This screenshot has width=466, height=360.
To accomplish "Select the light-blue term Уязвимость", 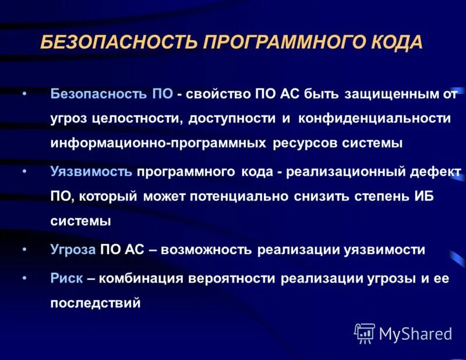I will (91, 171).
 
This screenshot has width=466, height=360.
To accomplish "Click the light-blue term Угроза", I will (73, 250).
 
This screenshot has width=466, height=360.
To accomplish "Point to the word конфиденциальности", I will (375, 118).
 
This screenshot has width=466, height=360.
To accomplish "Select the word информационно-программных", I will (158, 143).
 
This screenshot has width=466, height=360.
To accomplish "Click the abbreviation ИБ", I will (418, 196).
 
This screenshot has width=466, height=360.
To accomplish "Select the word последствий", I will (96, 303).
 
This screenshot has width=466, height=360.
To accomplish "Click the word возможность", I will (207, 250).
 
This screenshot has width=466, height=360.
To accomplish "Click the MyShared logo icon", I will (364, 333).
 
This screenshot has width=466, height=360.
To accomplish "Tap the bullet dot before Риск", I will (24, 278).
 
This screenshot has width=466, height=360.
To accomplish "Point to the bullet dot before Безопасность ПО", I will (24, 93).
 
